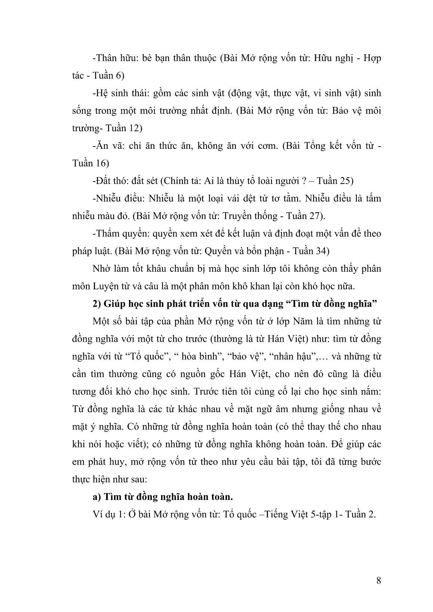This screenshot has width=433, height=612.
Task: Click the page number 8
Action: pyautogui.click(x=378, y=581)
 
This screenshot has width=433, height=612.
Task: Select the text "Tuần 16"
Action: pyautogui.click(x=90, y=163)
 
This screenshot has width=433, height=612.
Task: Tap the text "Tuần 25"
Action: pyautogui.click(x=335, y=181)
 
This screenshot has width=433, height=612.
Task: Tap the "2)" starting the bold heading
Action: pyautogui.click(x=97, y=304)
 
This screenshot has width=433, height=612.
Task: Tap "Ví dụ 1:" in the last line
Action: pyautogui.click(x=108, y=514)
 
